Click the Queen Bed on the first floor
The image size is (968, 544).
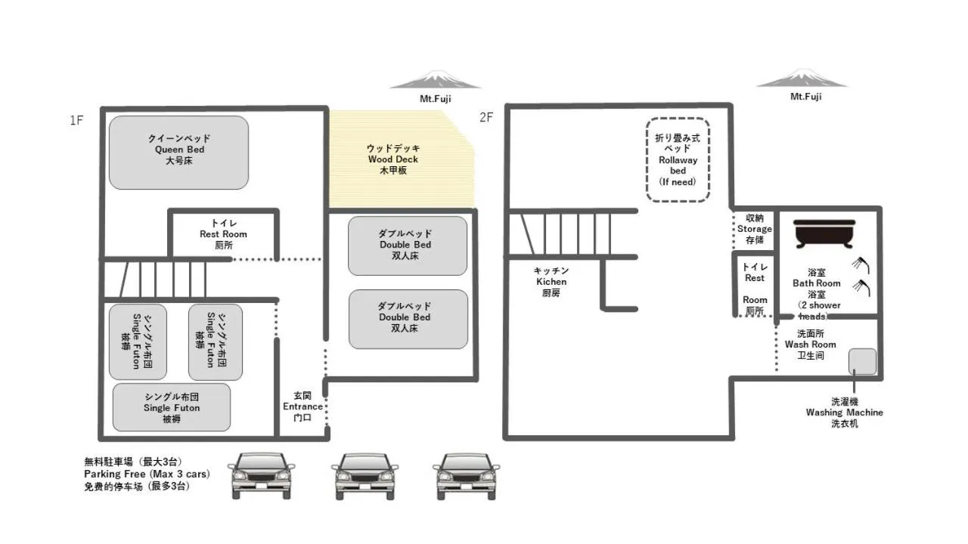tap(178, 152)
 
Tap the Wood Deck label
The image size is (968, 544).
tap(392, 159)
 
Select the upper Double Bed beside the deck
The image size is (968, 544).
tap(407, 246)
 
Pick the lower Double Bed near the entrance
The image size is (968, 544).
tap(407, 319)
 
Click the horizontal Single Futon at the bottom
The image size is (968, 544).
tap(172, 407)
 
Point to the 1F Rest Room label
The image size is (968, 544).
tap(223, 234)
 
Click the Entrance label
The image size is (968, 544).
tap(302, 406)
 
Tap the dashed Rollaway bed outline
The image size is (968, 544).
tap(678, 159)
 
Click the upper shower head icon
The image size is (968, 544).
tap(861, 264)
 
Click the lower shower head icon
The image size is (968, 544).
tap(861, 286)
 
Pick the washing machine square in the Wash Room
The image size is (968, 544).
tap(862, 361)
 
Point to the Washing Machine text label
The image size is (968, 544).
tap(844, 413)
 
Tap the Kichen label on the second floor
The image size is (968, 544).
tap(551, 282)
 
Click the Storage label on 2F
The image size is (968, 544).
tap(754, 229)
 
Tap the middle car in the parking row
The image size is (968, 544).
tap(365, 476)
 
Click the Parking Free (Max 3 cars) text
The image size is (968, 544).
tap(147, 474)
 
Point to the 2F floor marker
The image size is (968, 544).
tap(486, 117)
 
